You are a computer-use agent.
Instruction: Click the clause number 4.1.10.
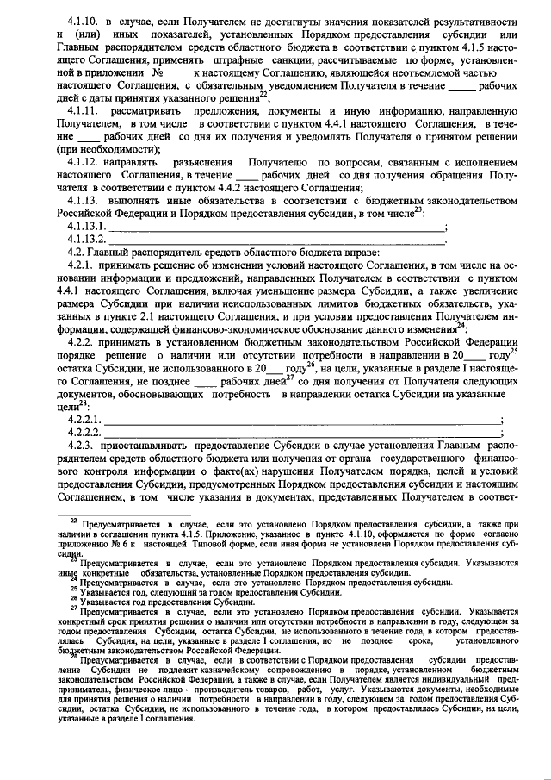click(87, 20)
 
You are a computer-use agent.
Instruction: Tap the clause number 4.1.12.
click(87, 162)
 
